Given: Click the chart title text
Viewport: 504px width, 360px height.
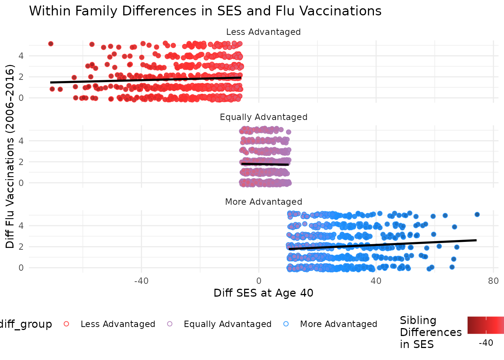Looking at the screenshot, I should tap(205, 11).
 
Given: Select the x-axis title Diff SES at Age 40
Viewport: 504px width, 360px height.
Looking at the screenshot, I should tap(263, 293).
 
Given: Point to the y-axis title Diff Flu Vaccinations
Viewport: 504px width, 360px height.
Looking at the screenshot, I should tap(10, 156).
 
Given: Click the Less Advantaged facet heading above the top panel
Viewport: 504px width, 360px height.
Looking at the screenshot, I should tap(263, 32).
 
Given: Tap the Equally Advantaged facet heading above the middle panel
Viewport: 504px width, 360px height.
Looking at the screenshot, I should tap(263, 117).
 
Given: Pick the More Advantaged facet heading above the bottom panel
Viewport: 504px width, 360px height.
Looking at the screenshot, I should tap(263, 202).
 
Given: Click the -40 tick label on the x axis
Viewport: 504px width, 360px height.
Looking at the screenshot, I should tap(141, 281).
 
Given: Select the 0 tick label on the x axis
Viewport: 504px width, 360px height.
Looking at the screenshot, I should tap(259, 281).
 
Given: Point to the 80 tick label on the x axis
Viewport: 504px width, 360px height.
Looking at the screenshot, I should tap(493, 281).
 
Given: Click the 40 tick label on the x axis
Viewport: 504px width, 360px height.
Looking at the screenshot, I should tap(376, 281).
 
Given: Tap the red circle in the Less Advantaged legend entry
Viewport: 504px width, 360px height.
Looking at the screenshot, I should tap(67, 324).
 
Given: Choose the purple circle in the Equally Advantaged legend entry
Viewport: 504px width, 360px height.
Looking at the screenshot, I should tap(170, 324).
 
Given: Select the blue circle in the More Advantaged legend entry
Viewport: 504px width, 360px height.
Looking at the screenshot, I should tap(286, 324).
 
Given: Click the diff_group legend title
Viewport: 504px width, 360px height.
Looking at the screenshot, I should tap(25, 324).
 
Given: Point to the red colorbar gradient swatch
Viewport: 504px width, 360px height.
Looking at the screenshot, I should tap(485, 325).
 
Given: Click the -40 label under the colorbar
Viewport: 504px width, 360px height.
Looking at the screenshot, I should tap(486, 343).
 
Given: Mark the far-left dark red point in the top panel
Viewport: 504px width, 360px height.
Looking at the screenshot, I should tap(51, 44).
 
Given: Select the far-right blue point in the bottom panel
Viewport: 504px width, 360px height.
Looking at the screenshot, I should tap(477, 214).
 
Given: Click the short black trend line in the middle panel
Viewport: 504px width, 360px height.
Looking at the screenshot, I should tap(265, 164).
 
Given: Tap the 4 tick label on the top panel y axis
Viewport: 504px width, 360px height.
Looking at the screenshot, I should tap(21, 56).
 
